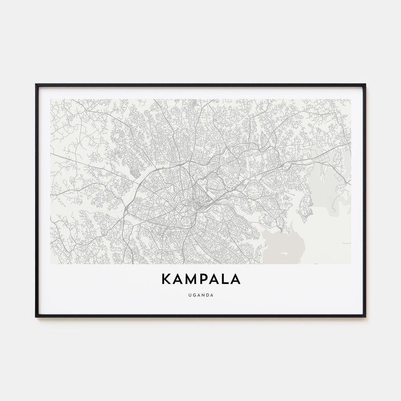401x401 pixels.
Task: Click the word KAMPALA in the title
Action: click(x=200, y=279)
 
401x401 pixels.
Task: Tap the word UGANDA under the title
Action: click(x=200, y=295)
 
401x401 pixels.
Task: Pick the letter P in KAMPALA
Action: click(x=203, y=279)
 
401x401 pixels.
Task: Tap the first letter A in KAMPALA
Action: click(x=176, y=279)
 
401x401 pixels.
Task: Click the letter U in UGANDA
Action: click(x=189, y=295)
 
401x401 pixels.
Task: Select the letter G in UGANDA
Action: click(x=193, y=295)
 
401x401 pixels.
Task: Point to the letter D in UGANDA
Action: click(x=207, y=295)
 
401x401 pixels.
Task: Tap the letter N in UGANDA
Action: click(x=203, y=295)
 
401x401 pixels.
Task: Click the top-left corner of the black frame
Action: click(x=36, y=85)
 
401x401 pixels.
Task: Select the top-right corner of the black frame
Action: click(x=365, y=85)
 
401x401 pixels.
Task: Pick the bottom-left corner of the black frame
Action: click(x=36, y=316)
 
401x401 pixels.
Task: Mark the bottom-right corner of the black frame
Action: click(x=365, y=316)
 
